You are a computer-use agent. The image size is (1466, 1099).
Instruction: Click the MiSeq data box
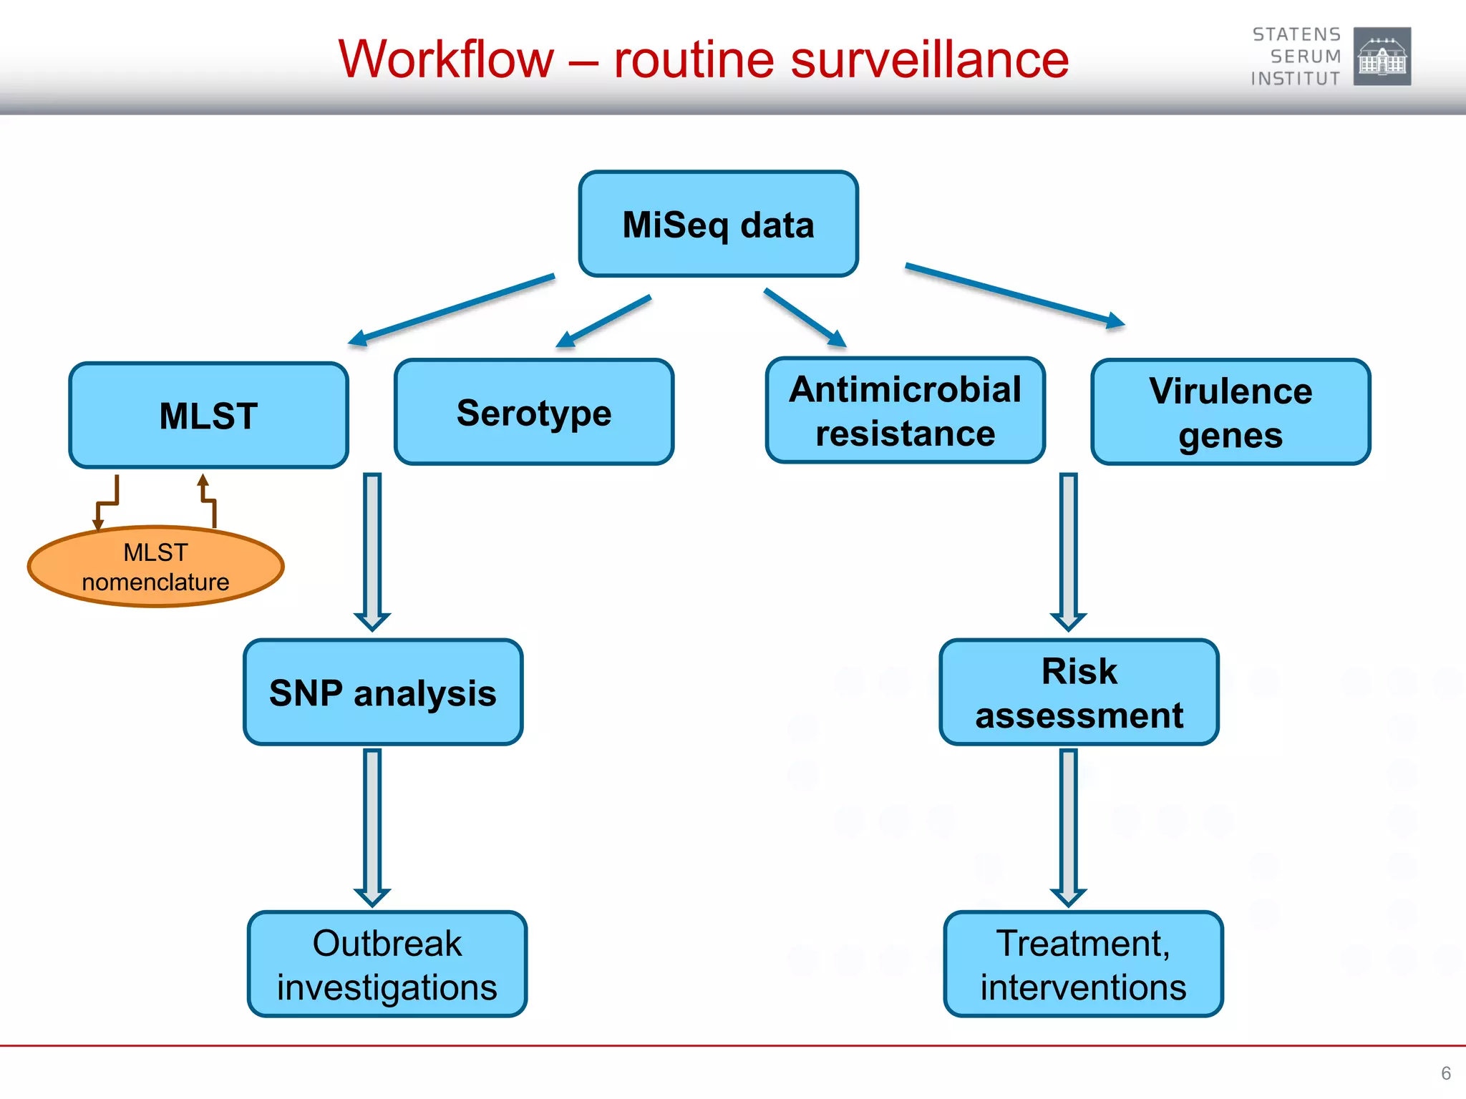tap(718, 224)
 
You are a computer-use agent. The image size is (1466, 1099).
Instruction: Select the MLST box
tap(208, 416)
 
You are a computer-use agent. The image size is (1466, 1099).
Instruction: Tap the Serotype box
tap(534, 412)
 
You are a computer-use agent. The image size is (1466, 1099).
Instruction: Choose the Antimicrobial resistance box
tap(905, 411)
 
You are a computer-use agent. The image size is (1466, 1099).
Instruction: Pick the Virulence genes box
tap(1230, 413)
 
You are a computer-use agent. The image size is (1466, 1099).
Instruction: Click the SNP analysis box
tap(383, 693)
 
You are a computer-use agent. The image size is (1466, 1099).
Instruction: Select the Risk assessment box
tap(1079, 693)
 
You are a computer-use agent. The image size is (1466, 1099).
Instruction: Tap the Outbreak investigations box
tap(387, 964)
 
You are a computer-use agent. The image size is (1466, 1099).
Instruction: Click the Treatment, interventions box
tap(1083, 964)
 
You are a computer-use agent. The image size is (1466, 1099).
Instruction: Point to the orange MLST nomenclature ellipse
tap(156, 567)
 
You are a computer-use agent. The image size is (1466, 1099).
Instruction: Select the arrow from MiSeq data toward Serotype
tap(603, 321)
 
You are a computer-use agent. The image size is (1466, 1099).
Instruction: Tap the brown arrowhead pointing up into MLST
tap(203, 481)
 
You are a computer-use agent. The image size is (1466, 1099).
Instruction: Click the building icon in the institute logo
tap(1382, 57)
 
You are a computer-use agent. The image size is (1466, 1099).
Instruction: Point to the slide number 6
tap(1445, 1073)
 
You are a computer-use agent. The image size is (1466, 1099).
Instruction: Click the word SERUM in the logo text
tap(1305, 57)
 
